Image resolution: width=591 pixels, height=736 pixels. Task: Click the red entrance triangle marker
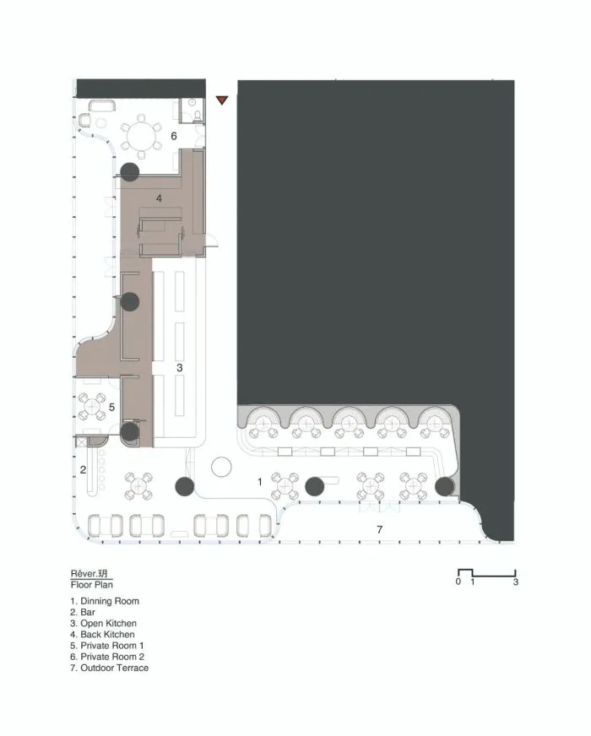[221, 100]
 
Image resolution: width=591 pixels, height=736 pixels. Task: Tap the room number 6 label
[174, 136]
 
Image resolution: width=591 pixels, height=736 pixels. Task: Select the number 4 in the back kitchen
[159, 198]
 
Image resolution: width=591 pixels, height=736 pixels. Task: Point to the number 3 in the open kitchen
[179, 368]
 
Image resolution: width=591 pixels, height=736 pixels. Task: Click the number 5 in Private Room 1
[111, 407]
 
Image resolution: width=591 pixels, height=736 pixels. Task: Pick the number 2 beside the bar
[83, 470]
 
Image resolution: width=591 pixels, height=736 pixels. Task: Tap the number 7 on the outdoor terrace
[380, 530]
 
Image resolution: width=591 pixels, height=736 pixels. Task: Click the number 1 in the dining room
[259, 482]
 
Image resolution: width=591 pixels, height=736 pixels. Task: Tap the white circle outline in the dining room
[221, 468]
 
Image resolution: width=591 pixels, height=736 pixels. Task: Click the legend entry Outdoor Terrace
[110, 668]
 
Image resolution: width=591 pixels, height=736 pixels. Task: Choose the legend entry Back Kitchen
[102, 635]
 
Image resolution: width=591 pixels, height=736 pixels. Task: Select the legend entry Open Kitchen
[103, 624]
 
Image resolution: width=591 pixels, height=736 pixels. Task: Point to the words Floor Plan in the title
[92, 585]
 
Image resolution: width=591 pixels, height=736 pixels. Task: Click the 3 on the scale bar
[515, 582]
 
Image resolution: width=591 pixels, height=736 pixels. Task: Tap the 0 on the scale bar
[458, 582]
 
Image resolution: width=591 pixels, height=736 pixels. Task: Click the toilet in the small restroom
[198, 116]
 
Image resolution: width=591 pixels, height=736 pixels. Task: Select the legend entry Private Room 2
[107, 657]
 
